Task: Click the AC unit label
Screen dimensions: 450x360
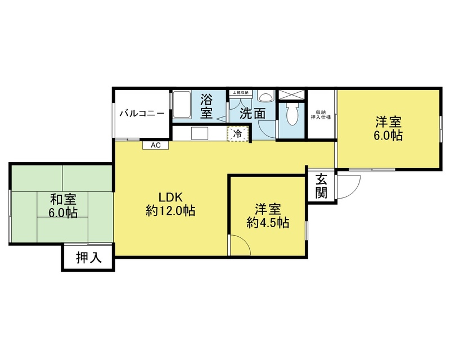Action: click(156, 145)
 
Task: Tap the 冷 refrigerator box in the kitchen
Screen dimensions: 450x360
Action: click(237, 133)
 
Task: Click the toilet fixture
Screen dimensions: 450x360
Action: click(292, 114)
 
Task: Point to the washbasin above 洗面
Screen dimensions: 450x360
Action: click(265, 96)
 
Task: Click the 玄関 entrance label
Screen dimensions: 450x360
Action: click(321, 186)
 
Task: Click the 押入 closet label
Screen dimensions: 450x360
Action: click(89, 258)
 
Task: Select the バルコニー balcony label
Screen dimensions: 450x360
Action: click(142, 114)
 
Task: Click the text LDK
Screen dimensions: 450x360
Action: click(171, 197)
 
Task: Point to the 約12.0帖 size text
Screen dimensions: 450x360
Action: click(170, 211)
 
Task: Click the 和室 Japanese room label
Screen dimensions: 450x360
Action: click(63, 199)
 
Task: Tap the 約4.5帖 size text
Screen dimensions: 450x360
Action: click(268, 223)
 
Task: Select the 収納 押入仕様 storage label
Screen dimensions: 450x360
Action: click(321, 115)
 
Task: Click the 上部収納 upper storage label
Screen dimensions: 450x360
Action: click(241, 93)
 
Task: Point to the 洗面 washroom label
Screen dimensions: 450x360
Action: click(253, 114)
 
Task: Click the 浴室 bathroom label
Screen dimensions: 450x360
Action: click(206, 106)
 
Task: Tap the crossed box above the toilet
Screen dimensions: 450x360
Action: click(291, 94)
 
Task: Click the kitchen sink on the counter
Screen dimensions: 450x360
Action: click(200, 133)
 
